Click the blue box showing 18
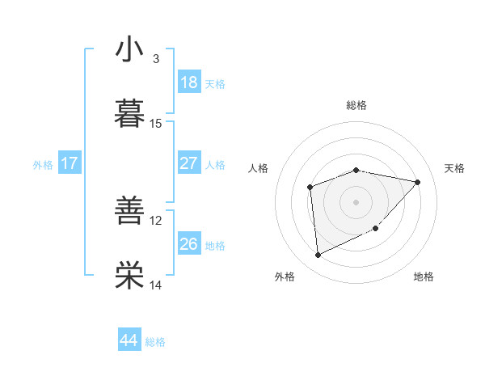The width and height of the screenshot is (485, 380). pyautogui.click(x=188, y=82)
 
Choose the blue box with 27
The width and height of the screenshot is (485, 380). pyautogui.click(x=188, y=163)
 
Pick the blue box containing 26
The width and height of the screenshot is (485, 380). pyautogui.click(x=188, y=244)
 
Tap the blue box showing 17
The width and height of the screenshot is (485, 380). pyautogui.click(x=69, y=163)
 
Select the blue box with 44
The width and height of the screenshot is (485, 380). pyautogui.click(x=129, y=340)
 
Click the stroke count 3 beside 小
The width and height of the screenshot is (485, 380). pyautogui.click(x=156, y=59)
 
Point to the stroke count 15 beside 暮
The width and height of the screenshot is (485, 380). pyautogui.click(x=156, y=124)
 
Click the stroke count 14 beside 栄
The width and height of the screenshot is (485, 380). pyautogui.click(x=156, y=285)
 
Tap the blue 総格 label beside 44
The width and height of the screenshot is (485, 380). pyautogui.click(x=155, y=342)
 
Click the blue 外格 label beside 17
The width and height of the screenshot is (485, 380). pyautogui.click(x=43, y=164)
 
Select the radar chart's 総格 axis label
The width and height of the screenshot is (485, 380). pyautogui.click(x=356, y=105)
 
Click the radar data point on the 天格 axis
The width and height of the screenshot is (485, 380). pyautogui.click(x=418, y=182)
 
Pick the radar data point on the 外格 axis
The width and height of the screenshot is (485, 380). pyautogui.click(x=318, y=255)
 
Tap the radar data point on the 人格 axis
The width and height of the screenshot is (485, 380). pyautogui.click(x=310, y=188)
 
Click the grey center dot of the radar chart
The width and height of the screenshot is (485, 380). pyautogui.click(x=356, y=201)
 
